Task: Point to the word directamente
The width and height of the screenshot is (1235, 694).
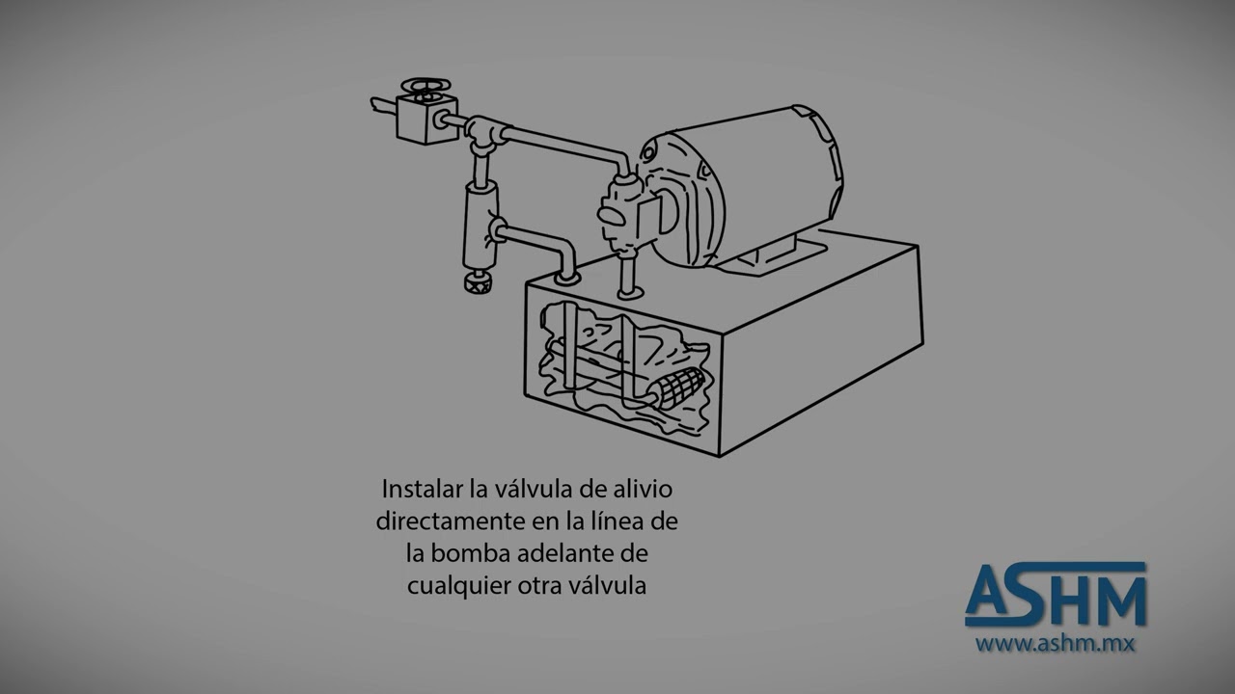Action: (x=450, y=521)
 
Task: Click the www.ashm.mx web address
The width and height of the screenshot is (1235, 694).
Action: (x=1054, y=643)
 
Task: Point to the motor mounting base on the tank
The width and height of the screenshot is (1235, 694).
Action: (x=772, y=255)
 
